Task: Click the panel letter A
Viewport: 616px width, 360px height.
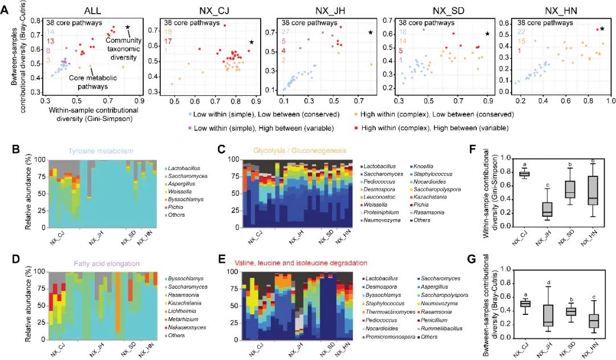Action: point(5,10)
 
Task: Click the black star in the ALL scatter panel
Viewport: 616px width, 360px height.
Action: point(128,27)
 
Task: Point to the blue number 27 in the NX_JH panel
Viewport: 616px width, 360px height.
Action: point(283,33)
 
